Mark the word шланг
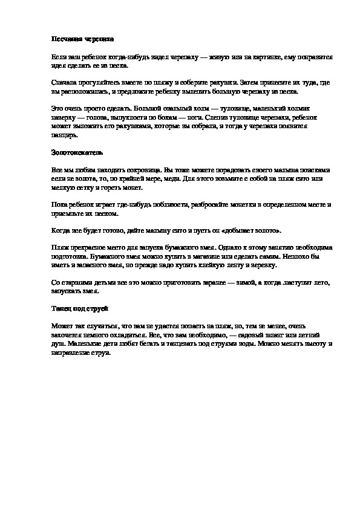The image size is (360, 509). tap(275, 334)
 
